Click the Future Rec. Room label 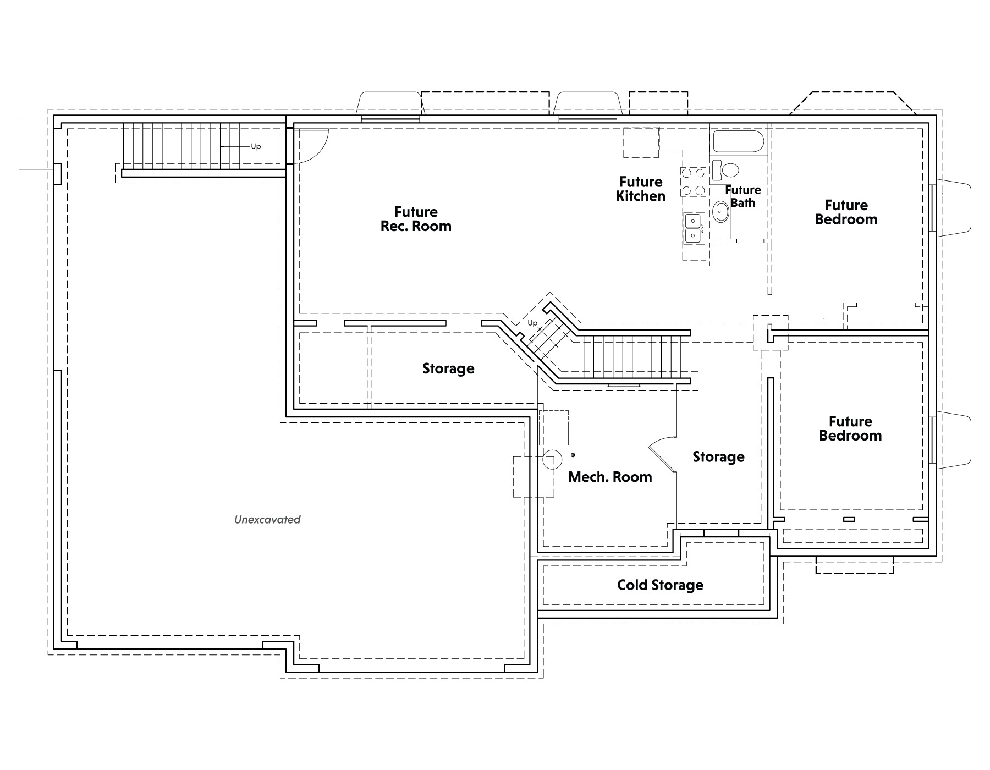pyautogui.click(x=416, y=219)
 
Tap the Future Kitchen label pyautogui.click(x=641, y=189)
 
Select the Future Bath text pyautogui.click(x=743, y=196)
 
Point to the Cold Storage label pyautogui.click(x=660, y=585)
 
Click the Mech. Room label pyautogui.click(x=610, y=477)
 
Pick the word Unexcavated pyautogui.click(x=267, y=519)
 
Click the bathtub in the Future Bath pyautogui.click(x=738, y=141)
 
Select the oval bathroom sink pyautogui.click(x=721, y=212)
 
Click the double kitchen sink pyautogui.click(x=694, y=228)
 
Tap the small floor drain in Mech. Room pyautogui.click(x=573, y=455)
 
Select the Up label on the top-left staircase pyautogui.click(x=256, y=146)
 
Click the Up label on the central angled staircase pyautogui.click(x=532, y=323)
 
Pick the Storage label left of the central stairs pyautogui.click(x=448, y=369)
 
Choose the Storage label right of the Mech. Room pyautogui.click(x=718, y=457)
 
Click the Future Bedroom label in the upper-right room pyautogui.click(x=846, y=212)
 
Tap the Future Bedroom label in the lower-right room pyautogui.click(x=850, y=428)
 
